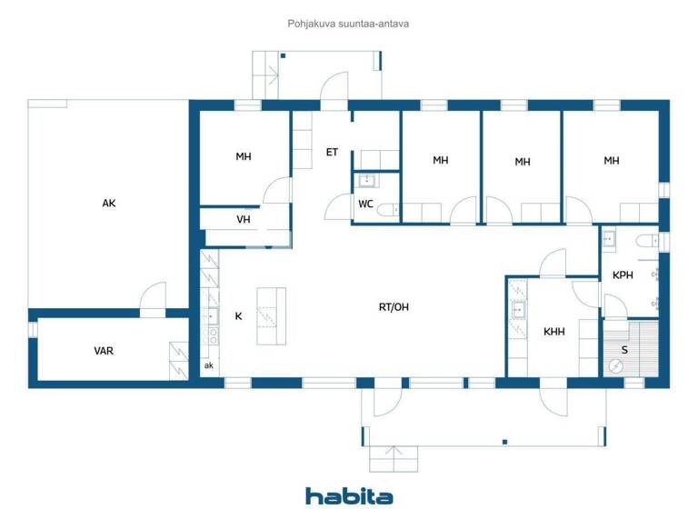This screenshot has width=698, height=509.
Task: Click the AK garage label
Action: coord(109,204)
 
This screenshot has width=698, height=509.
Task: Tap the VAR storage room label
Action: coord(104,351)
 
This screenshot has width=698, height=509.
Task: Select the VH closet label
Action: coord(244,219)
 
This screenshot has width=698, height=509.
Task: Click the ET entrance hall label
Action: coord(332,152)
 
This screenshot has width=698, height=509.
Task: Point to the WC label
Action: coord(365,204)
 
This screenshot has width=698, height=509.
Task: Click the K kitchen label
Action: coord(238,316)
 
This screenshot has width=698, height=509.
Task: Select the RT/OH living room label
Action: coord(394,307)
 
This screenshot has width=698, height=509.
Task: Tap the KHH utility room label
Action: coord(553,332)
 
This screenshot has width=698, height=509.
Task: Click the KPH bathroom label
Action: coord(623,275)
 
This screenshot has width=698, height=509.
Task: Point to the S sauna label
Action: coord(624,349)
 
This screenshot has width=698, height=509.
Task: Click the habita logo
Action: coord(349,496)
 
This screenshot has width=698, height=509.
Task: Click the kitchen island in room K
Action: coord(271,315)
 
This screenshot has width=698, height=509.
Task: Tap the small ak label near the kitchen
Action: coord(208,365)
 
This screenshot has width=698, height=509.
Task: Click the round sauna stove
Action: coord(615,366)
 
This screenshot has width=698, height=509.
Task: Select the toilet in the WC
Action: coord(388,210)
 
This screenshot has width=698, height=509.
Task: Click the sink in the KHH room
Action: coord(518,310)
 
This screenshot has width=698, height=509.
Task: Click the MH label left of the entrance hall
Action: coord(244,157)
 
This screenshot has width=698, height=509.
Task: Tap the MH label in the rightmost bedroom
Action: coord(612,161)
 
